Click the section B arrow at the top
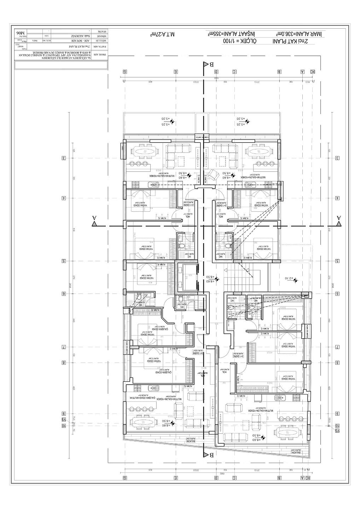pyautogui.click(x=206, y=64)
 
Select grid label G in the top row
pyautogui.click(x=125, y=72)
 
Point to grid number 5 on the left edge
pyautogui.click(x=64, y=261)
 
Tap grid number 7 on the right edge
pyautogui.click(x=338, y=347)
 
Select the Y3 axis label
pyautogui.click(x=64, y=420)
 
